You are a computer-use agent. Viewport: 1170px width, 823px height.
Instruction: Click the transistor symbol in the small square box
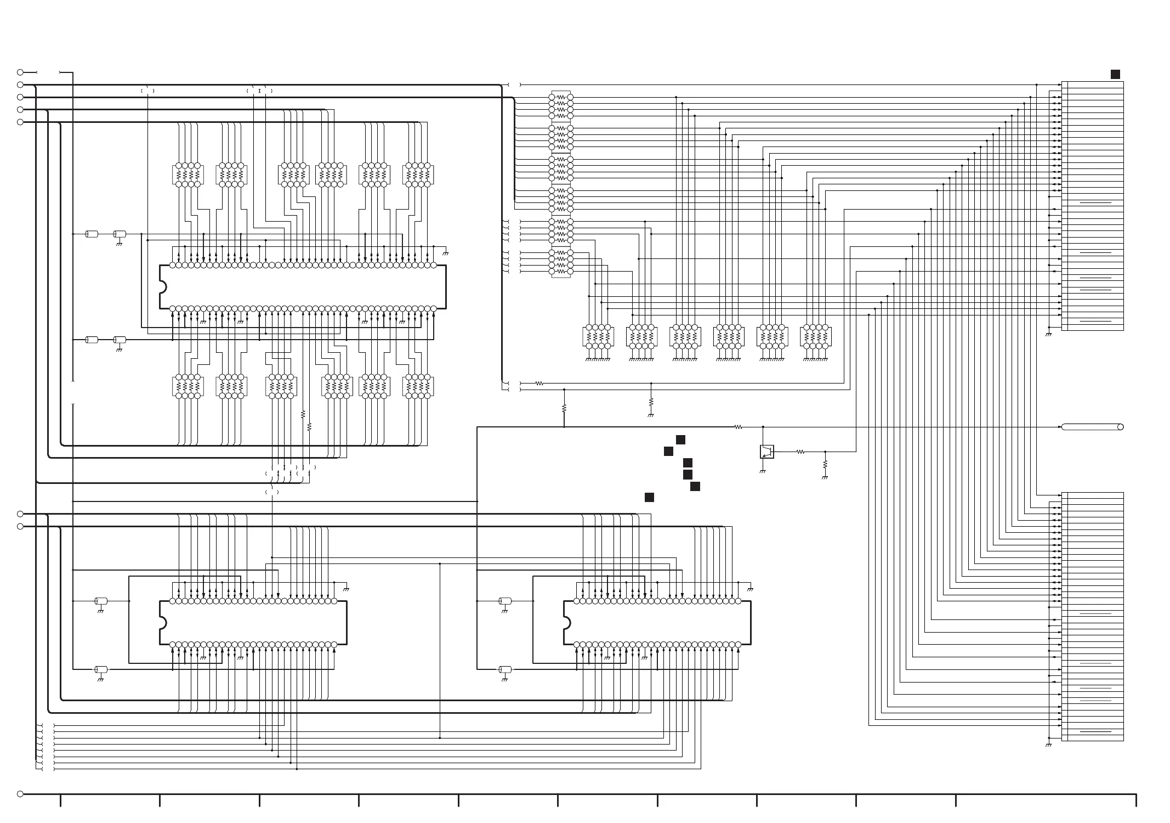pos(766,452)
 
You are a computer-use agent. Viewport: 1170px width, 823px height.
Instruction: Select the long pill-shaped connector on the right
pos(1092,427)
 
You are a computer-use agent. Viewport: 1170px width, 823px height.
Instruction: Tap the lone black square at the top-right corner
pos(1115,75)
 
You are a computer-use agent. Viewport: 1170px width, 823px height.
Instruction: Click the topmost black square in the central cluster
pos(680,439)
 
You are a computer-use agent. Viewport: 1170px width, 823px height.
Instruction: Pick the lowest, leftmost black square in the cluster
pos(649,498)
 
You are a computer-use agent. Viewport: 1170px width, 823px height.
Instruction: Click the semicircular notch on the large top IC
pos(162,287)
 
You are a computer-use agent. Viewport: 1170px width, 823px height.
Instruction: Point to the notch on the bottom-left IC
pos(162,623)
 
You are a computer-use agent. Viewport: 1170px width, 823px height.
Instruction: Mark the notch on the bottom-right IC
pos(566,623)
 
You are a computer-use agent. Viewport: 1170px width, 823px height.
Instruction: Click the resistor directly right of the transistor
pos(800,452)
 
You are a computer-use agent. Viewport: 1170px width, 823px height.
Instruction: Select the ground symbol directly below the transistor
pos(762,471)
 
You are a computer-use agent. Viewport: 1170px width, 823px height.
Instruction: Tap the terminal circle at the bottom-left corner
pos(20,794)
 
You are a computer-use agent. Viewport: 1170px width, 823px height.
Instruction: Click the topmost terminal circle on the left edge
pos(20,72)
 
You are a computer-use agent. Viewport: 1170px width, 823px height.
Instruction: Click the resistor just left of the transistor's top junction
pos(738,427)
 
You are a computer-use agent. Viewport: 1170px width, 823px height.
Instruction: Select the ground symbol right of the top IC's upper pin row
pos(445,253)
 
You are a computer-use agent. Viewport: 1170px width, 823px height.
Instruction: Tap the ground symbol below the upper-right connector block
pos(1048,334)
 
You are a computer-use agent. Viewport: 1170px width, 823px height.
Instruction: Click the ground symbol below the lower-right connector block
pos(1048,745)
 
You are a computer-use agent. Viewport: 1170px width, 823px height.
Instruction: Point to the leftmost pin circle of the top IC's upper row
pos(172,266)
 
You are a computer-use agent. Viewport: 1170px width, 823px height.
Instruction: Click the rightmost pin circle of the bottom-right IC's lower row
pos(738,645)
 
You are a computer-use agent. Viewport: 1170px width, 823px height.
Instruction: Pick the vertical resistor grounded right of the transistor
pos(825,464)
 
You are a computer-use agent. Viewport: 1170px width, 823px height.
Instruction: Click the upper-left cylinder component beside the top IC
pos(92,234)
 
